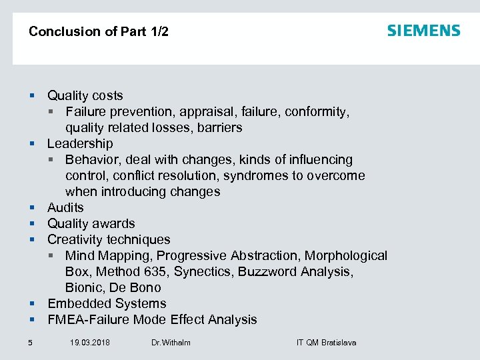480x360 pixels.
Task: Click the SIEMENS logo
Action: coord(423,31)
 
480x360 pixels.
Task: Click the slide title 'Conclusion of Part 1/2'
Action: coord(99,31)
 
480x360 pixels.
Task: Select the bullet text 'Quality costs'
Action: coord(85,95)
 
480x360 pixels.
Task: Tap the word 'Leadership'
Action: coord(80,143)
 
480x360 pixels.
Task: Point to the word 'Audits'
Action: coord(65,207)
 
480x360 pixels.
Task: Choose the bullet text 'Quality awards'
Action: coord(91,223)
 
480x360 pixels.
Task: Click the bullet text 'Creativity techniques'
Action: coord(109,239)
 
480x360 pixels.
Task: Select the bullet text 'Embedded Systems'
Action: coord(107,303)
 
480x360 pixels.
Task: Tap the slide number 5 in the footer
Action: coord(30,343)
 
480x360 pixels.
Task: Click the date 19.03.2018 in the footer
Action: coord(90,343)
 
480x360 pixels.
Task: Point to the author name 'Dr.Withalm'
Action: coord(171,343)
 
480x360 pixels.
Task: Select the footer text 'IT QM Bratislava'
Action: coord(326,343)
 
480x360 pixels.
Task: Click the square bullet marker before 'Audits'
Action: coord(31,208)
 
